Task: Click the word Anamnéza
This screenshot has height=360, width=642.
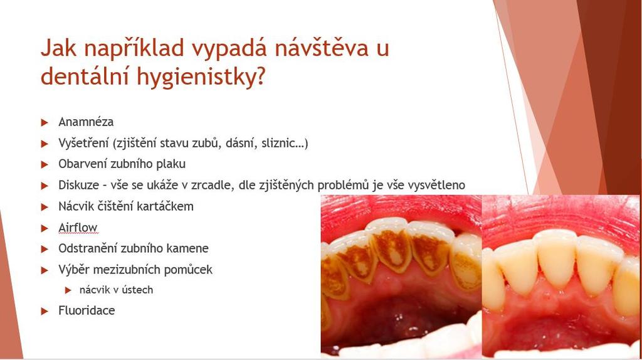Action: click(86, 122)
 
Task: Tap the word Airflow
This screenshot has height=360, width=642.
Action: click(78, 228)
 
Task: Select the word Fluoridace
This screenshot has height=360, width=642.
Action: click(87, 310)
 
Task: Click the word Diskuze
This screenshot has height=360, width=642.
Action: click(78, 185)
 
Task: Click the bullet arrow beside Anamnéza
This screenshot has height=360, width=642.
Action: click(45, 122)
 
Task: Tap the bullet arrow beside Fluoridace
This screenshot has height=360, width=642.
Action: click(45, 311)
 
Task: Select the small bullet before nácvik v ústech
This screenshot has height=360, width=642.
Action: click(68, 290)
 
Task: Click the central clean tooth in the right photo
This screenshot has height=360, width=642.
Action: click(557, 258)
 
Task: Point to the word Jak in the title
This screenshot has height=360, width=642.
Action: click(59, 48)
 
